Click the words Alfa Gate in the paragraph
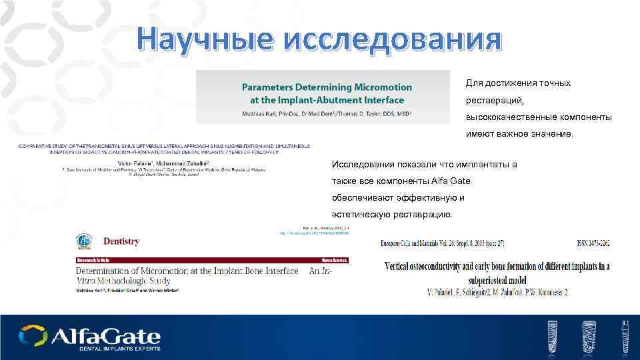[x=437, y=181]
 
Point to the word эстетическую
[x=361, y=215]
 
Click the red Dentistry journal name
[x=121, y=241]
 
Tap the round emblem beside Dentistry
[x=83, y=241]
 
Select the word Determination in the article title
[x=111, y=272]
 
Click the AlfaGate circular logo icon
[x=33, y=335]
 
